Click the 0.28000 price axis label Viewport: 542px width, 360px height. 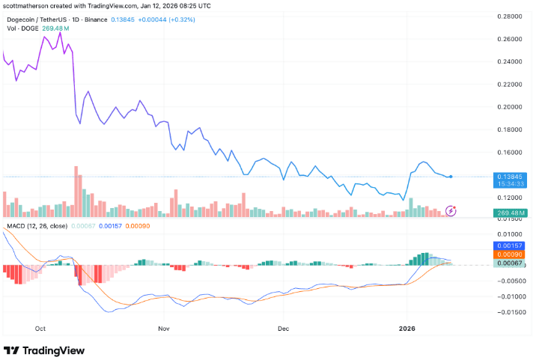[511, 16]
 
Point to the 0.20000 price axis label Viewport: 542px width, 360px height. [511, 107]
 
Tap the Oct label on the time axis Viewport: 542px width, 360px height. [40, 328]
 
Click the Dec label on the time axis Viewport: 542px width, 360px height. [283, 328]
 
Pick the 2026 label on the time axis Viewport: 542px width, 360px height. [407, 328]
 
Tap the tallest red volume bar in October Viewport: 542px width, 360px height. [76, 192]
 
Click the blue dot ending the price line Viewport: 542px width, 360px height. [451, 177]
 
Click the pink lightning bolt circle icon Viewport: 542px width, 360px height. [451, 210]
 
